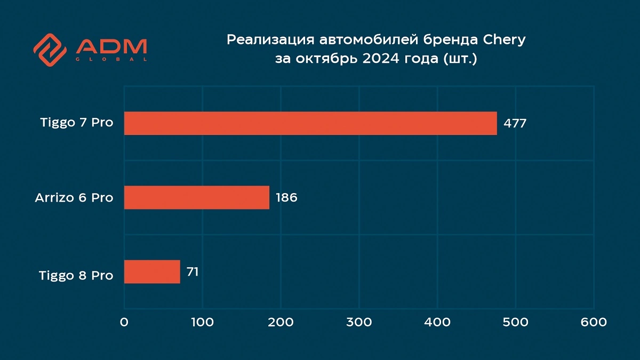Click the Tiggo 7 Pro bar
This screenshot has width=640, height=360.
click(310, 123)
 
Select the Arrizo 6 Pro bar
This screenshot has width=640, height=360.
click(197, 197)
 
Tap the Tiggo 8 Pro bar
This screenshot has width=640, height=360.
click(152, 271)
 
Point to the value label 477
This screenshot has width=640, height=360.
click(515, 123)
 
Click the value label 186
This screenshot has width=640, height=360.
click(286, 197)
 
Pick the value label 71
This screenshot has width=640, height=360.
click(193, 271)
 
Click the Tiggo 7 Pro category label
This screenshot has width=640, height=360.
click(77, 122)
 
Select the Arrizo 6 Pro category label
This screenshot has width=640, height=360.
click(74, 197)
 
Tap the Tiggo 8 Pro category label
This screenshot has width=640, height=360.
click(76, 275)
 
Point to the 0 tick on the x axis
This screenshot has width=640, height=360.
click(124, 322)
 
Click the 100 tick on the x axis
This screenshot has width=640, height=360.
click(203, 322)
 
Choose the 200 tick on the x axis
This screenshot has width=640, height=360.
click(281, 322)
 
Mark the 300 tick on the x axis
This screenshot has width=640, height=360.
click(359, 322)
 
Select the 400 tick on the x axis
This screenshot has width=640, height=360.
click(437, 322)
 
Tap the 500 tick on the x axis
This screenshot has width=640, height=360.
click(516, 322)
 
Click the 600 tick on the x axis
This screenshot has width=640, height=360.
click(594, 322)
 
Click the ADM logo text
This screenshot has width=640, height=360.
click(111, 47)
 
